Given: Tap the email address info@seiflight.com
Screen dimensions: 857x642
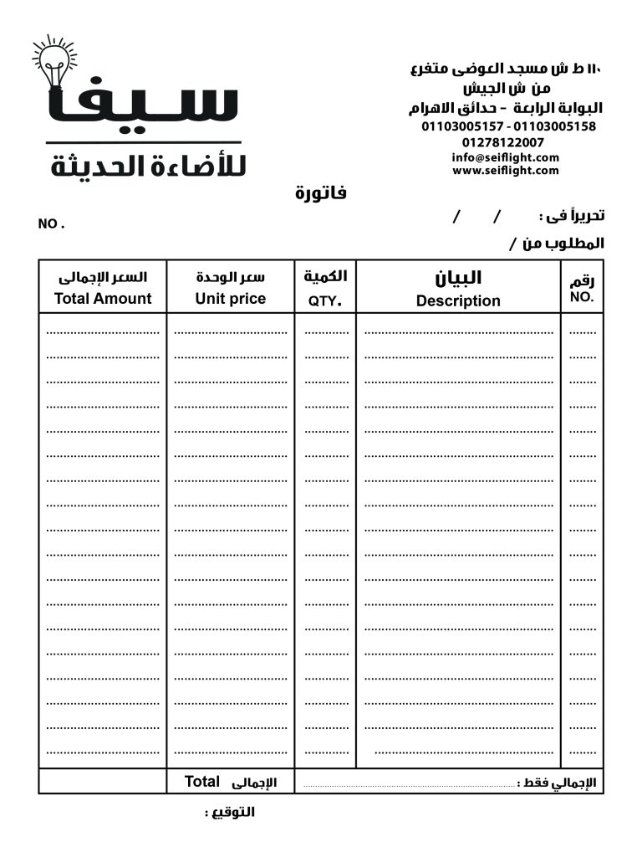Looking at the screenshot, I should [505, 157].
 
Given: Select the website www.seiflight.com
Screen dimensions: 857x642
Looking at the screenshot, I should [505, 171].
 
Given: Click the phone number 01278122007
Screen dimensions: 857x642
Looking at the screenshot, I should [508, 142].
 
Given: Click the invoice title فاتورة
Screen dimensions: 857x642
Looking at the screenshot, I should [321, 194].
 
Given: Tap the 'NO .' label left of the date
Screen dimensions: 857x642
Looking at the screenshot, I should [51, 224].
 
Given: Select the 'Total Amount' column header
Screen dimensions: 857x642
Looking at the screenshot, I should [103, 299].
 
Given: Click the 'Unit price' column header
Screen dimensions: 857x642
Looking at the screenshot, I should [231, 299].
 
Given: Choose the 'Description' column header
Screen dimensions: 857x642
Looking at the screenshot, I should [458, 301].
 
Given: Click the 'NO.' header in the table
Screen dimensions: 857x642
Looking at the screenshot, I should [582, 297].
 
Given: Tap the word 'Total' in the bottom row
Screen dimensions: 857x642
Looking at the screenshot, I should [202, 782].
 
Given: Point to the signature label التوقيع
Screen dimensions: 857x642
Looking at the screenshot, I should [231, 812].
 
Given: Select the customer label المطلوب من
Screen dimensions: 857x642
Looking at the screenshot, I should [562, 244].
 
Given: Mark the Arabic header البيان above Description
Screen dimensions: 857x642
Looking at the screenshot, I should [459, 278].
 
